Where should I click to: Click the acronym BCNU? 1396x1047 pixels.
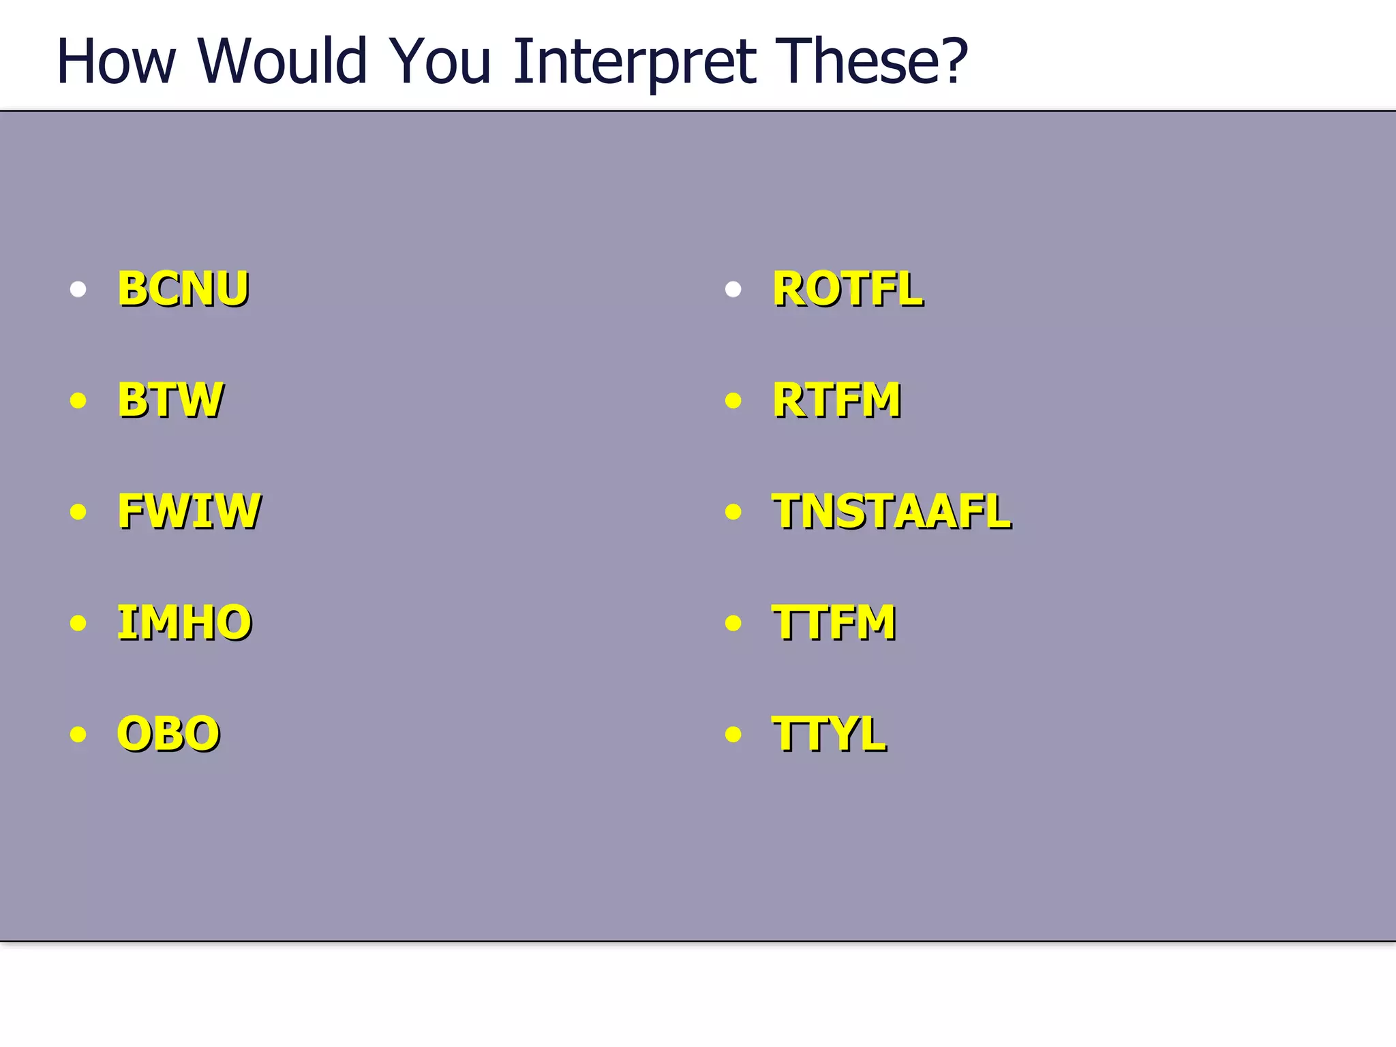(x=183, y=289)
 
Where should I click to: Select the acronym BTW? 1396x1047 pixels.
(x=170, y=400)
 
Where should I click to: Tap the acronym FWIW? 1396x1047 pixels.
(x=189, y=511)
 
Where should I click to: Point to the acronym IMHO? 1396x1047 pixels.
(x=184, y=622)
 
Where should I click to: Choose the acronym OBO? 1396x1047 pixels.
(x=168, y=734)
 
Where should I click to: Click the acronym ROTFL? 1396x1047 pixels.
(x=847, y=290)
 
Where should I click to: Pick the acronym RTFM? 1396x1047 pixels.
(x=836, y=400)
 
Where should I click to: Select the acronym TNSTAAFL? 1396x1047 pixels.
(x=892, y=511)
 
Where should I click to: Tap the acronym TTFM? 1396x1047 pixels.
(x=834, y=622)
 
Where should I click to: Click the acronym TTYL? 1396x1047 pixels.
(x=829, y=734)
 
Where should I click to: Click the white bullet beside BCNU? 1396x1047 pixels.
(x=78, y=290)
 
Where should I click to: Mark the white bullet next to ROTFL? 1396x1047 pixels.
(x=733, y=290)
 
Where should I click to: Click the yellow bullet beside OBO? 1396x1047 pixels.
(x=78, y=734)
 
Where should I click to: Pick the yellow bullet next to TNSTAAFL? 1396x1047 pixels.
(x=733, y=512)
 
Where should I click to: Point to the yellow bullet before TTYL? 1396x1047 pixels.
(x=733, y=734)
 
